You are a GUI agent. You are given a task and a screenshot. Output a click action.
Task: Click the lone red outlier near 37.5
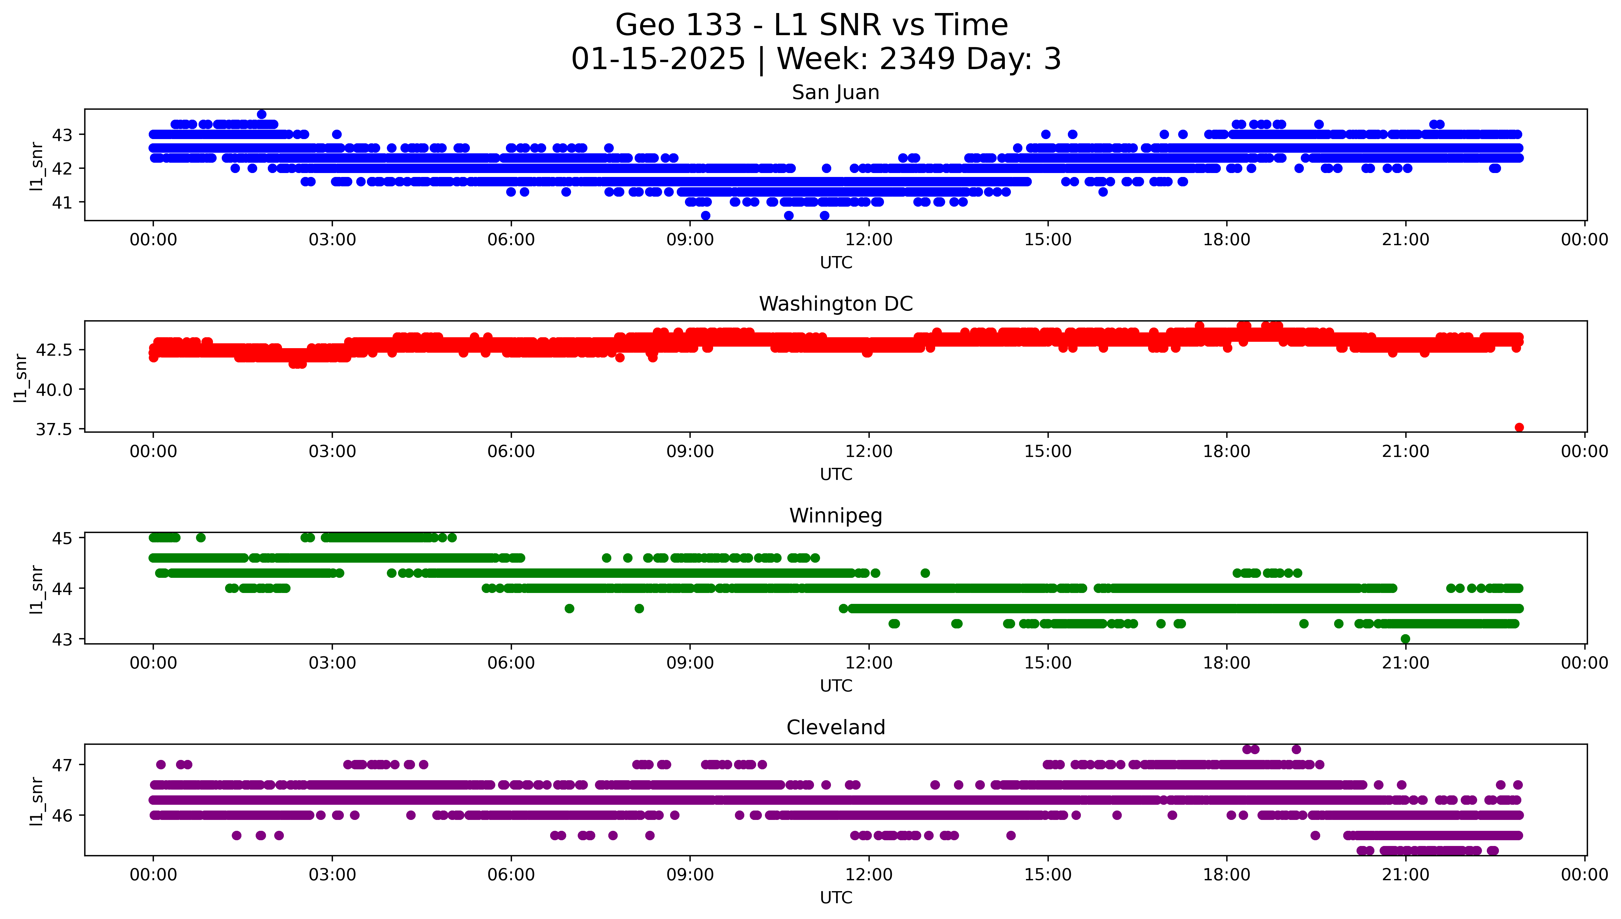1519,427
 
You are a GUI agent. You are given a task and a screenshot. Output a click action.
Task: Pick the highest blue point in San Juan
261,114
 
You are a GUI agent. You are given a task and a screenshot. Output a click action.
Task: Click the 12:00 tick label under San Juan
869,240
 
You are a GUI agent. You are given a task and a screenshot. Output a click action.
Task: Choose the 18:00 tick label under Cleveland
1226,875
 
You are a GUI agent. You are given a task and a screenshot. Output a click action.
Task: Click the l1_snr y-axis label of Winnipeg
37,589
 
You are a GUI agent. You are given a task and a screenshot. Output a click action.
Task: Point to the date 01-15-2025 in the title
658,59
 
